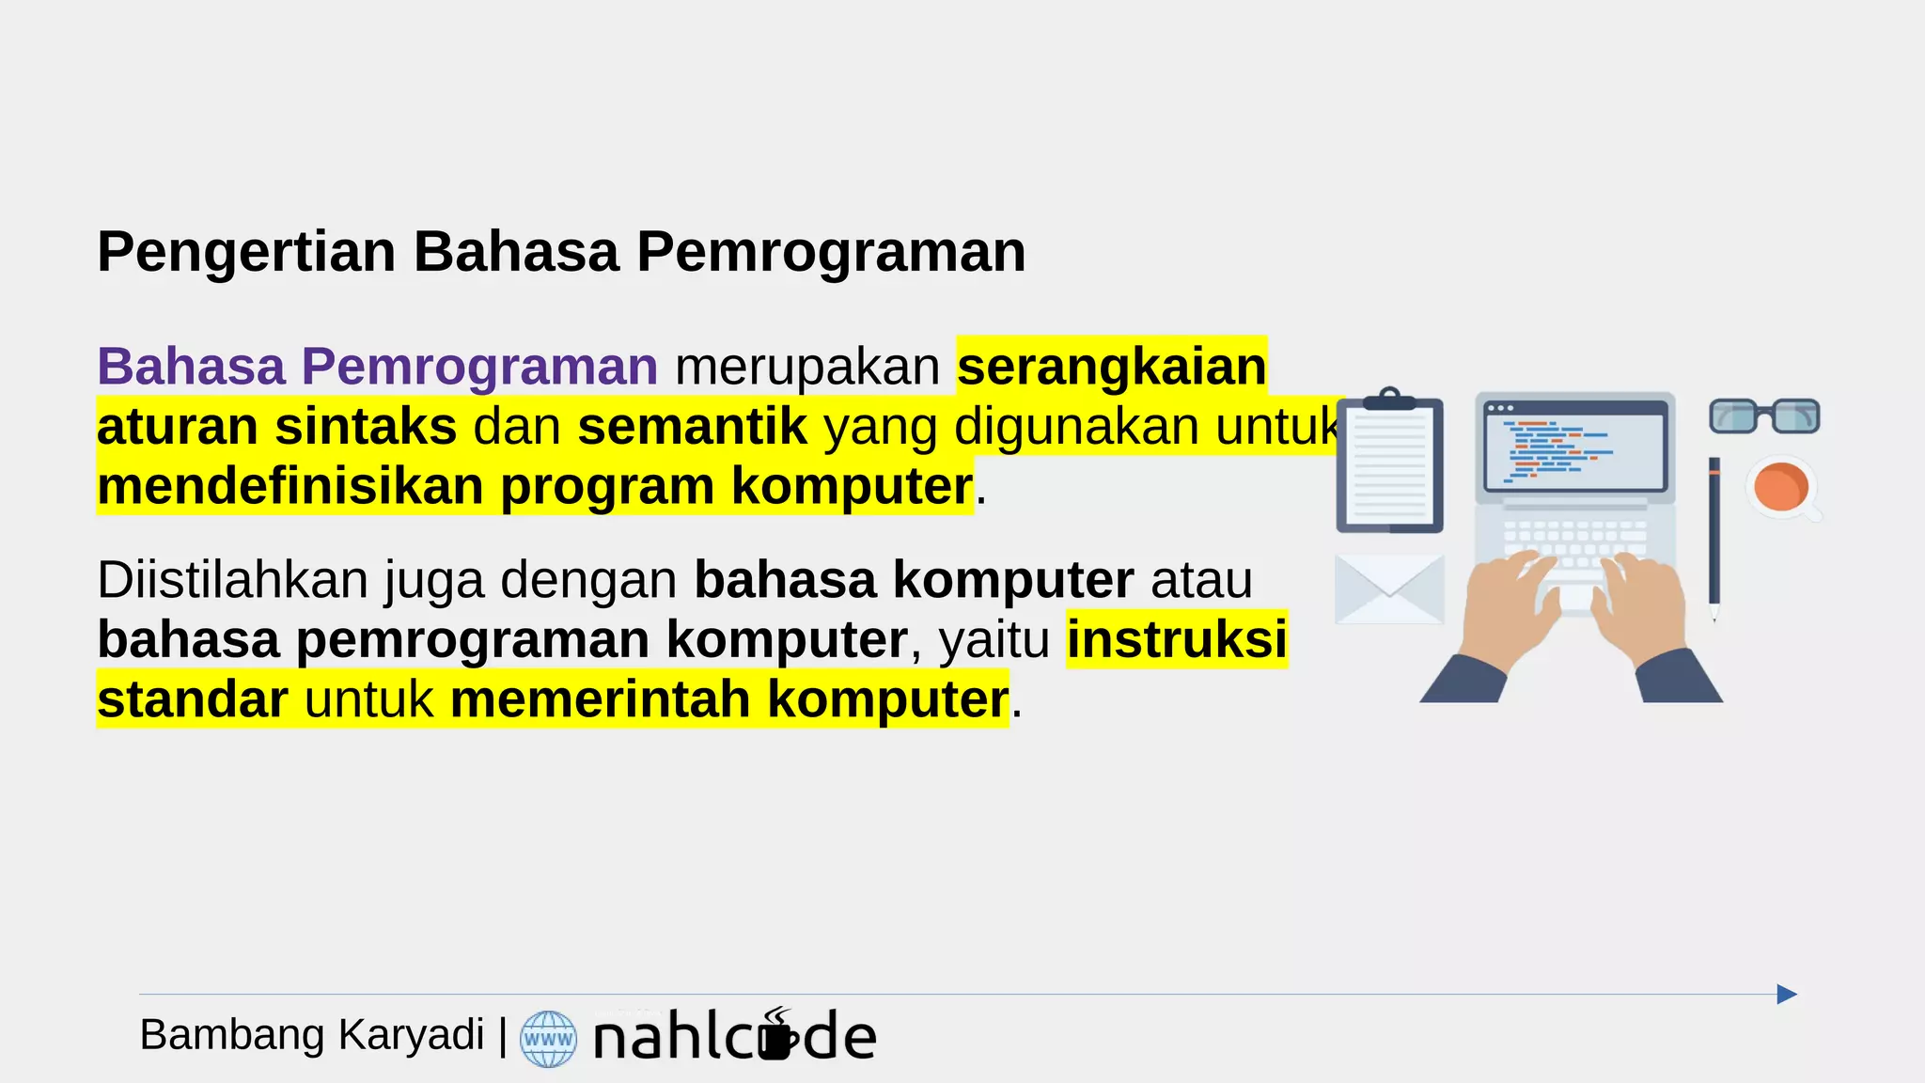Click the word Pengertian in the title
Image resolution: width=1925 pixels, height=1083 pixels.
(x=246, y=253)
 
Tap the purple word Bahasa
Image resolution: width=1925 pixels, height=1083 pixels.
(x=191, y=367)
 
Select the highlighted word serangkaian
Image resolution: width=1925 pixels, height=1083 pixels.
(x=1111, y=367)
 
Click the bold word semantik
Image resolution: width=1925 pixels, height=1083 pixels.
(x=692, y=427)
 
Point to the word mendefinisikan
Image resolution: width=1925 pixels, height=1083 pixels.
(x=290, y=487)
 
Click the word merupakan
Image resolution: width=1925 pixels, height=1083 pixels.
(x=806, y=367)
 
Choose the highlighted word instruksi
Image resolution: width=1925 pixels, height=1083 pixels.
(x=1176, y=640)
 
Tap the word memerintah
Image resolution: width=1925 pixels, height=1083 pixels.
(x=600, y=700)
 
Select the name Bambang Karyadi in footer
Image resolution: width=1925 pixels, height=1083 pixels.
(x=311, y=1035)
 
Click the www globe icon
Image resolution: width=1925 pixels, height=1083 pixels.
(x=548, y=1039)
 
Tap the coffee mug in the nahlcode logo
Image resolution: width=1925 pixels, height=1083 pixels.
(x=777, y=1038)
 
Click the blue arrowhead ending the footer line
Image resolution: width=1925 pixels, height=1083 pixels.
(x=1786, y=995)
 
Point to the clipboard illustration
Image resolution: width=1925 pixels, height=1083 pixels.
(x=1389, y=463)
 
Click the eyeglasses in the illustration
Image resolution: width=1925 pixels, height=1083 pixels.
(x=1763, y=416)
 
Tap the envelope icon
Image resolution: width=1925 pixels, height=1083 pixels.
(x=1389, y=589)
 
